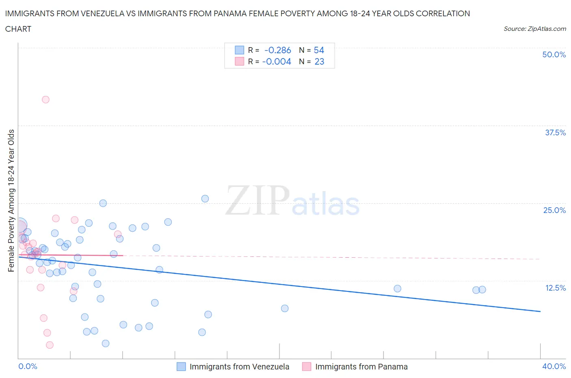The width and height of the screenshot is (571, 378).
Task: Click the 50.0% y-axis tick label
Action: click(554, 54)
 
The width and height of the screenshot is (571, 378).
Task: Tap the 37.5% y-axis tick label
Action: click(555, 133)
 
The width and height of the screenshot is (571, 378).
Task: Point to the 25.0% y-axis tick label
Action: click(554, 210)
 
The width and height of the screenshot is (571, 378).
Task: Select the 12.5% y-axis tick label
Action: click(555, 288)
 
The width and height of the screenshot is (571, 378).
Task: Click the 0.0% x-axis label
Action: click(28, 366)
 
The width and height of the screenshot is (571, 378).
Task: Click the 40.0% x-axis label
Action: click(554, 366)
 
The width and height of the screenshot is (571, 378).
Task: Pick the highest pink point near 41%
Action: click(45, 100)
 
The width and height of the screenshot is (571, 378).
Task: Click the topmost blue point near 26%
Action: click(205, 199)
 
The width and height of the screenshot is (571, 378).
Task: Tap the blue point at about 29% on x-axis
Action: click(398, 289)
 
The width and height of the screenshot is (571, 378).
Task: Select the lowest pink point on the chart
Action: click(50, 345)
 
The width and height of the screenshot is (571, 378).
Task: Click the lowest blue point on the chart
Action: click(106, 343)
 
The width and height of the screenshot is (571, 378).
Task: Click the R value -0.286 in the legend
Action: click(277, 50)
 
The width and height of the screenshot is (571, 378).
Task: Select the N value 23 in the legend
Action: click(319, 61)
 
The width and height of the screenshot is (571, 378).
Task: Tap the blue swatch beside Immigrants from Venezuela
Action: click(181, 367)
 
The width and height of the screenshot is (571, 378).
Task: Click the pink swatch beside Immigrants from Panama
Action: click(307, 367)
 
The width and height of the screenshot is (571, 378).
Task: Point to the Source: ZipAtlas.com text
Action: click(534, 29)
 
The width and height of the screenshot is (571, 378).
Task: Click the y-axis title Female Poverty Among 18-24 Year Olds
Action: click(11, 200)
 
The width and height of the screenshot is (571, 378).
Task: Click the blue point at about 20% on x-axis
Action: click(285, 308)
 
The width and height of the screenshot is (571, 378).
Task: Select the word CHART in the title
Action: click(18, 29)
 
